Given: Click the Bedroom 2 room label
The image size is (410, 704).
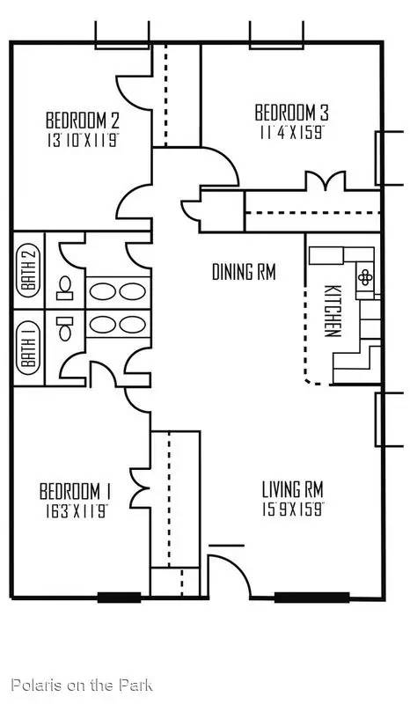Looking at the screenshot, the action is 83,121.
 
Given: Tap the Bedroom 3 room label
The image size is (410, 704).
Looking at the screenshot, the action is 291,113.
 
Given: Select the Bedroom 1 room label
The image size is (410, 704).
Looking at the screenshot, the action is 76,491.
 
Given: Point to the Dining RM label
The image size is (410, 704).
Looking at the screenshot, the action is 244,272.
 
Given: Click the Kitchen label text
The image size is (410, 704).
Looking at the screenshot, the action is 332,311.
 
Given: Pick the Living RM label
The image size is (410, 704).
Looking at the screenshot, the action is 293,490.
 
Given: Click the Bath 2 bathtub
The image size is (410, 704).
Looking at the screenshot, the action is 28,271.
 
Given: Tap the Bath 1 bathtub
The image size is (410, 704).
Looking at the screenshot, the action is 28,348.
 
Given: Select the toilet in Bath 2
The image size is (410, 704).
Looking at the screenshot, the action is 65,288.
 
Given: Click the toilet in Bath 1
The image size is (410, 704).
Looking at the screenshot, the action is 65,328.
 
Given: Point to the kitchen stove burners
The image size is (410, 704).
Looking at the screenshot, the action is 365,278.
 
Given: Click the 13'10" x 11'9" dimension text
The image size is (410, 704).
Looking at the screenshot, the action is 83,141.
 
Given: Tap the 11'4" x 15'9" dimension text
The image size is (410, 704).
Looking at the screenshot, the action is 292,134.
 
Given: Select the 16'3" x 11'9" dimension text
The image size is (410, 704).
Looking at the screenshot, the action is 76,511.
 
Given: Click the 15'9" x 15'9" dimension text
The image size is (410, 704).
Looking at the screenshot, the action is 293,510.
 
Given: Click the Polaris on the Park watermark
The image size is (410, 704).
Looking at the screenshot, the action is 82,686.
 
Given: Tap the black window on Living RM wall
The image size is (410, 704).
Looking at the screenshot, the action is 311,598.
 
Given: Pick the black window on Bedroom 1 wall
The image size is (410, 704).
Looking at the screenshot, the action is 119,598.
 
